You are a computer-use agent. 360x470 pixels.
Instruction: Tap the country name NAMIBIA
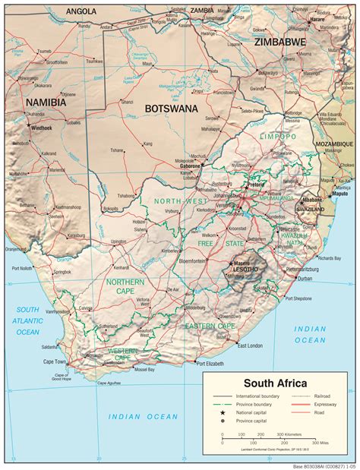(x=46, y=102)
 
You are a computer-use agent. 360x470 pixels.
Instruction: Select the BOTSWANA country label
(x=171, y=109)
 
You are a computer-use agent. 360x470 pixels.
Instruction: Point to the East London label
(x=250, y=345)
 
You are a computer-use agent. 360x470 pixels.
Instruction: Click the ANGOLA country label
(x=81, y=11)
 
